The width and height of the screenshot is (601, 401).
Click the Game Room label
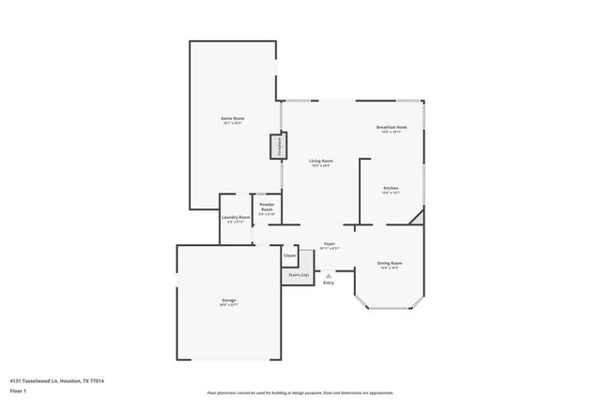tap(232, 118)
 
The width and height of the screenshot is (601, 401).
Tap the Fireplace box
tap(278, 147)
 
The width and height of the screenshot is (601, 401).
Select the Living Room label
tap(321, 161)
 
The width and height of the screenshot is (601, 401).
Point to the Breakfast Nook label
tap(391, 127)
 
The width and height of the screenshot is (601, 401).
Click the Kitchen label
tap(391, 188)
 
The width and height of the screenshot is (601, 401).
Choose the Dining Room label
tap(389, 263)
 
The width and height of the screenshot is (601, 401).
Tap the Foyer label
tap(330, 243)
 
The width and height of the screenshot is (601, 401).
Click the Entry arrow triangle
tap(328, 275)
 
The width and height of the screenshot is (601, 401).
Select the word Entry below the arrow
tap(328, 283)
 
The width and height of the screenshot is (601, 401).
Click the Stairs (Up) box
tap(298, 275)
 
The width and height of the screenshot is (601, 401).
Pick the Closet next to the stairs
tap(289, 255)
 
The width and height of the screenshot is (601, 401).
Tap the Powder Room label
tap(267, 207)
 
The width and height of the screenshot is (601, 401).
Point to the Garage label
tap(229, 301)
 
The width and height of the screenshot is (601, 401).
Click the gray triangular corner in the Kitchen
tap(417, 219)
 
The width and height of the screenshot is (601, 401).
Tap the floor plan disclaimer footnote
tap(300, 393)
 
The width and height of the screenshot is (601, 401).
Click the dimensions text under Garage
tap(229, 305)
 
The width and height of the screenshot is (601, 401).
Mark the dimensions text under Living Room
tap(321, 166)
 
